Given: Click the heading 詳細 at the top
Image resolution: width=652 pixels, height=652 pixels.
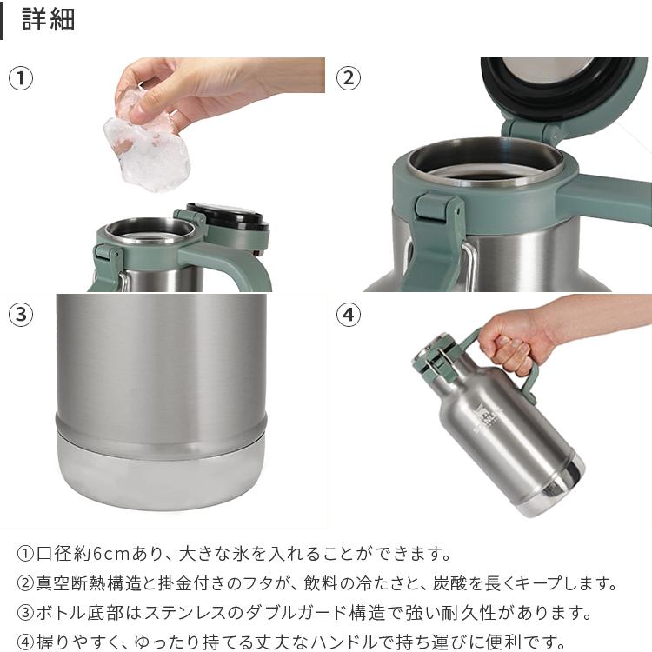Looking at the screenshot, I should [x=49, y=20].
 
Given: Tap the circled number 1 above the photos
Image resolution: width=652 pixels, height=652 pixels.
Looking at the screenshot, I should [x=21, y=78].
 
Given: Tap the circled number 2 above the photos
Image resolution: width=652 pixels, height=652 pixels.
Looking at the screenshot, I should [x=348, y=78].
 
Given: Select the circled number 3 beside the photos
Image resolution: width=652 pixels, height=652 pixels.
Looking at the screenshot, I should [x=21, y=315].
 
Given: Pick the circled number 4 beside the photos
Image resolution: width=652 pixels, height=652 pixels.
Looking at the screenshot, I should [x=348, y=315].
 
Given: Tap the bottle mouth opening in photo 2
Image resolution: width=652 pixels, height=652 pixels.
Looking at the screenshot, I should [x=487, y=165].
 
